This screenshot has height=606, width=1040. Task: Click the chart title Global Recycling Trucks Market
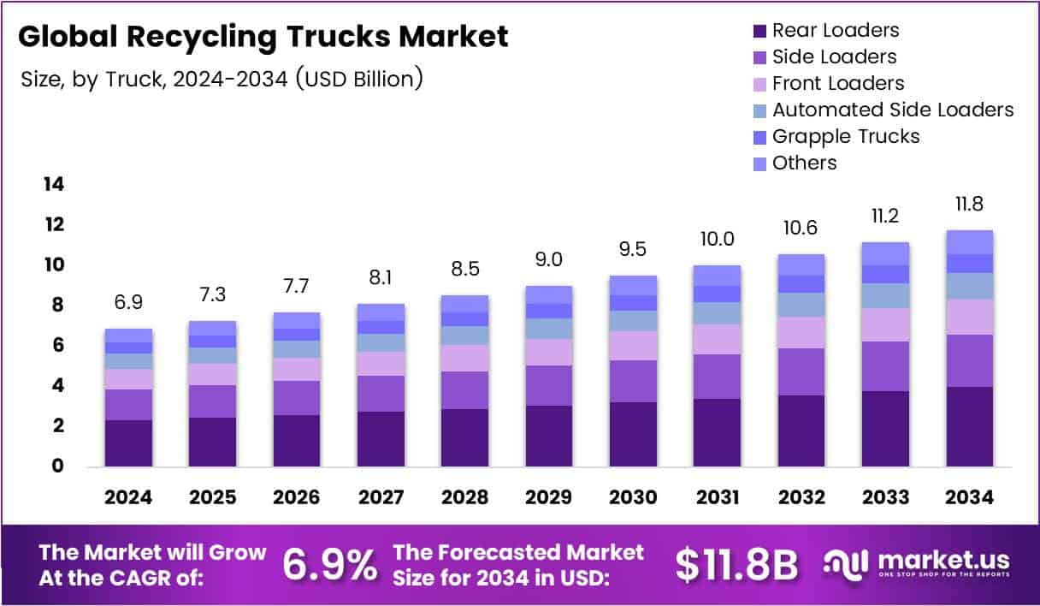(263, 37)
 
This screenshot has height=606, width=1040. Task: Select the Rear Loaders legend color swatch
(759, 32)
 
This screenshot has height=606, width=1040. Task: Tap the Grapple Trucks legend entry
(845, 136)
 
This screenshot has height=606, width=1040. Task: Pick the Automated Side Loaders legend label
(892, 110)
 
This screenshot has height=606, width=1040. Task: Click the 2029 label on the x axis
(548, 497)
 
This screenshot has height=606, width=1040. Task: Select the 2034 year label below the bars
(969, 497)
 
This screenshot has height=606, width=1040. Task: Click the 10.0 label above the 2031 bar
(717, 240)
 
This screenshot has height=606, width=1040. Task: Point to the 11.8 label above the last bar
(969, 205)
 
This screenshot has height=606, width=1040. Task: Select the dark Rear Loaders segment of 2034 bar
(969, 426)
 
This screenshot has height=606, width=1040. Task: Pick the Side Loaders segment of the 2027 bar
(381, 394)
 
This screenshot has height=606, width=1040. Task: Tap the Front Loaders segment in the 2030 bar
(633, 346)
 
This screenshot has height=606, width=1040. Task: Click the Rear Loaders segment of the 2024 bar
(128, 443)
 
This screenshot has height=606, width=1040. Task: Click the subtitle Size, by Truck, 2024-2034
(222, 80)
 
